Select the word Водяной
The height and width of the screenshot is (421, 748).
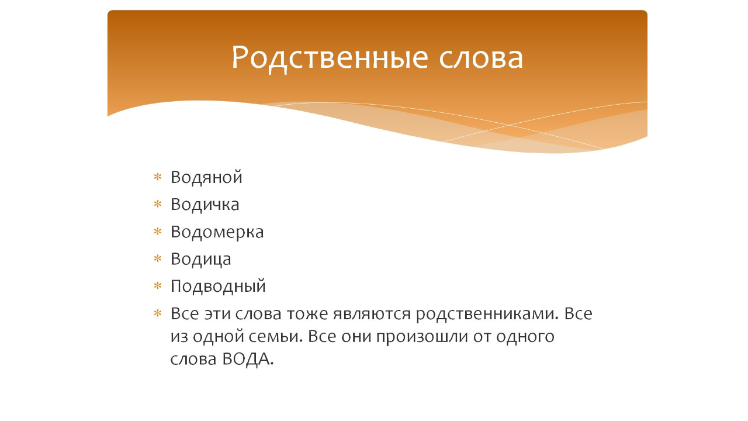point(206,177)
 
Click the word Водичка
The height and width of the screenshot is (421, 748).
point(205,205)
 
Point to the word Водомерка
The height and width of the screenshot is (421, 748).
point(217,232)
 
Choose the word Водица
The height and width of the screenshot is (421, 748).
point(200,259)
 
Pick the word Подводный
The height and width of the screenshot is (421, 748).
point(218,287)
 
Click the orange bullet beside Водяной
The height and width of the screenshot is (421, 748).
point(157,177)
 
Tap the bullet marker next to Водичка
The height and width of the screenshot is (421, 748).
point(157,205)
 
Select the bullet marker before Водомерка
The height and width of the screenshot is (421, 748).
point(157,232)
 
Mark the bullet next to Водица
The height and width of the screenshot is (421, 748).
point(157,259)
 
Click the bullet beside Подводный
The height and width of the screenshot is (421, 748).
point(157,287)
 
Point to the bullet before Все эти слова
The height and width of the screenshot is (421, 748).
point(157,314)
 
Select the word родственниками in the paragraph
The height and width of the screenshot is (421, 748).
point(487,314)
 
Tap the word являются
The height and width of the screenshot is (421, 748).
point(371,314)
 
